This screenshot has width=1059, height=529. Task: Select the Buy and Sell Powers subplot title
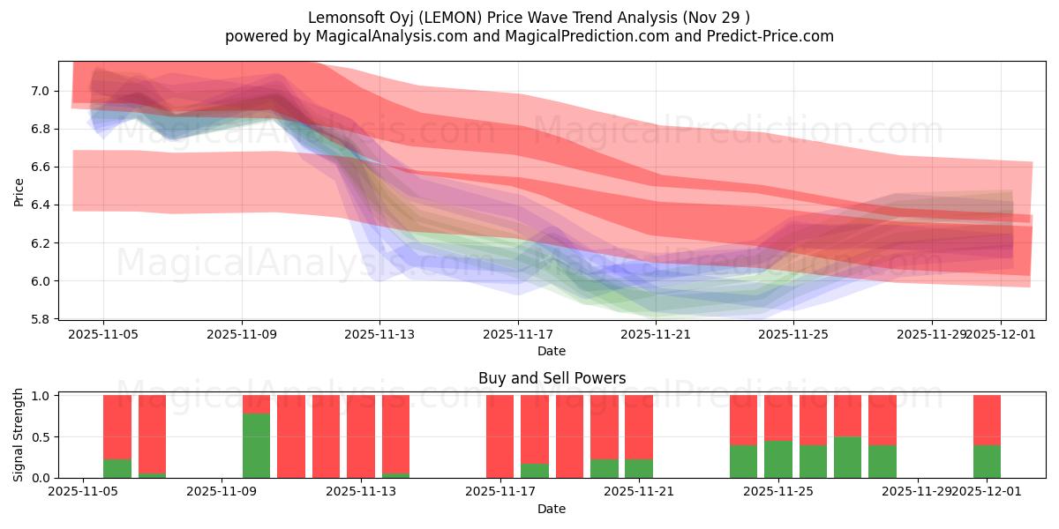click(x=552, y=378)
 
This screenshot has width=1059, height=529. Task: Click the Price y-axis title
click(x=19, y=190)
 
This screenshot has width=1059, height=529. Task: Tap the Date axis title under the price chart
click(x=552, y=351)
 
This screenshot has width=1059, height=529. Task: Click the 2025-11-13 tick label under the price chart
click(x=379, y=334)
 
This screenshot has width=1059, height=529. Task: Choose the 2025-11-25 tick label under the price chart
click(x=794, y=334)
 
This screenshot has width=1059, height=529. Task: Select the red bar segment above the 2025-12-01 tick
click(x=987, y=420)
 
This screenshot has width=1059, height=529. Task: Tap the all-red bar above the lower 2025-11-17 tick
click(x=500, y=436)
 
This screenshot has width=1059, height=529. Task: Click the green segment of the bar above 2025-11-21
click(x=639, y=468)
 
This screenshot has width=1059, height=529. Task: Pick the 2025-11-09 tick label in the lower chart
click(x=222, y=492)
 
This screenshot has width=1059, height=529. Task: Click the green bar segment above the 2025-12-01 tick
click(x=987, y=461)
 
